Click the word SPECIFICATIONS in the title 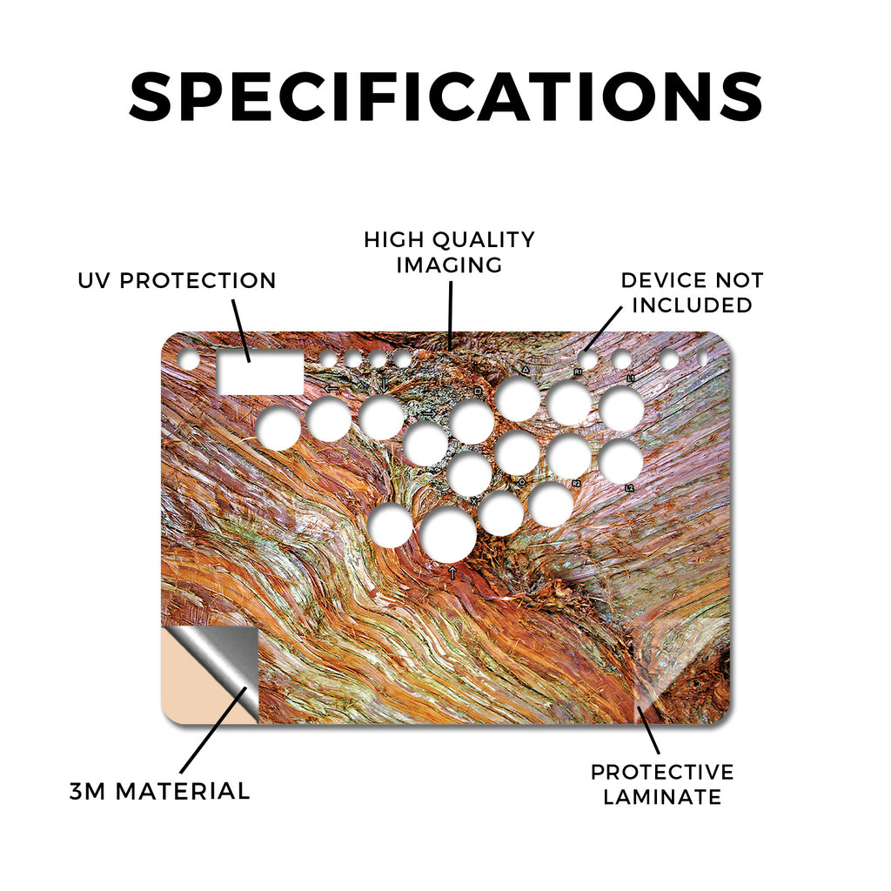coord(445,97)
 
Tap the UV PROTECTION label coord(177,281)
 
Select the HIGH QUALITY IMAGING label coord(449,252)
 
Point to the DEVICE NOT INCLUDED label coord(692,292)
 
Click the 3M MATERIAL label coord(160,791)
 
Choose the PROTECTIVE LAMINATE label coord(662,784)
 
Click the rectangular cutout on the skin coord(260,372)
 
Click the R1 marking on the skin coord(578,372)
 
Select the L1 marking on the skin coord(630,378)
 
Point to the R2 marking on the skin coord(576,483)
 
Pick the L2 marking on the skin coord(629,488)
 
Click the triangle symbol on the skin coord(526,369)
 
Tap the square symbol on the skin coord(478,392)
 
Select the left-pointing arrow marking coord(331,389)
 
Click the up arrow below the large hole coord(452,573)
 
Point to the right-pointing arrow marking coord(430,413)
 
